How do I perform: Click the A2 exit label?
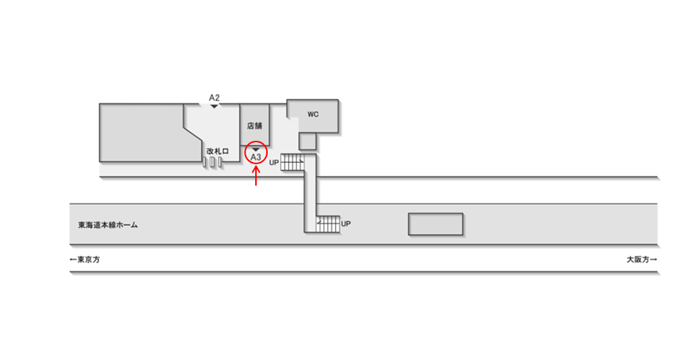click(x=214, y=98)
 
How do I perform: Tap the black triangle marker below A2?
click(x=214, y=106)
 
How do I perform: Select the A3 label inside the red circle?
click(x=256, y=157)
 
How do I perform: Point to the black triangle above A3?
click(x=255, y=149)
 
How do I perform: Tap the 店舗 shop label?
click(x=254, y=125)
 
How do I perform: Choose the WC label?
click(x=312, y=114)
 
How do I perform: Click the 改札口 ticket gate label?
click(x=218, y=151)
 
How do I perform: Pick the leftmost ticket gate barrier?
click(x=205, y=162)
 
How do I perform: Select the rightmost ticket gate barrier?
click(x=219, y=162)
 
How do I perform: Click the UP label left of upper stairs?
click(x=274, y=162)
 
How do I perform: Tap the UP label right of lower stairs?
click(x=346, y=223)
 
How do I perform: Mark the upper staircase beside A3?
click(x=293, y=162)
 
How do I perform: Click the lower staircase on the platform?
click(x=328, y=223)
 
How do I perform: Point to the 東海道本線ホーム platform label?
click(x=109, y=225)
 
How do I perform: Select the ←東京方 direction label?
click(x=85, y=260)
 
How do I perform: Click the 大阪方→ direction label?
click(x=641, y=260)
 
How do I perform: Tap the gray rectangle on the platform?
click(x=436, y=224)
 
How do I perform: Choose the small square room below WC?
click(x=307, y=140)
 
